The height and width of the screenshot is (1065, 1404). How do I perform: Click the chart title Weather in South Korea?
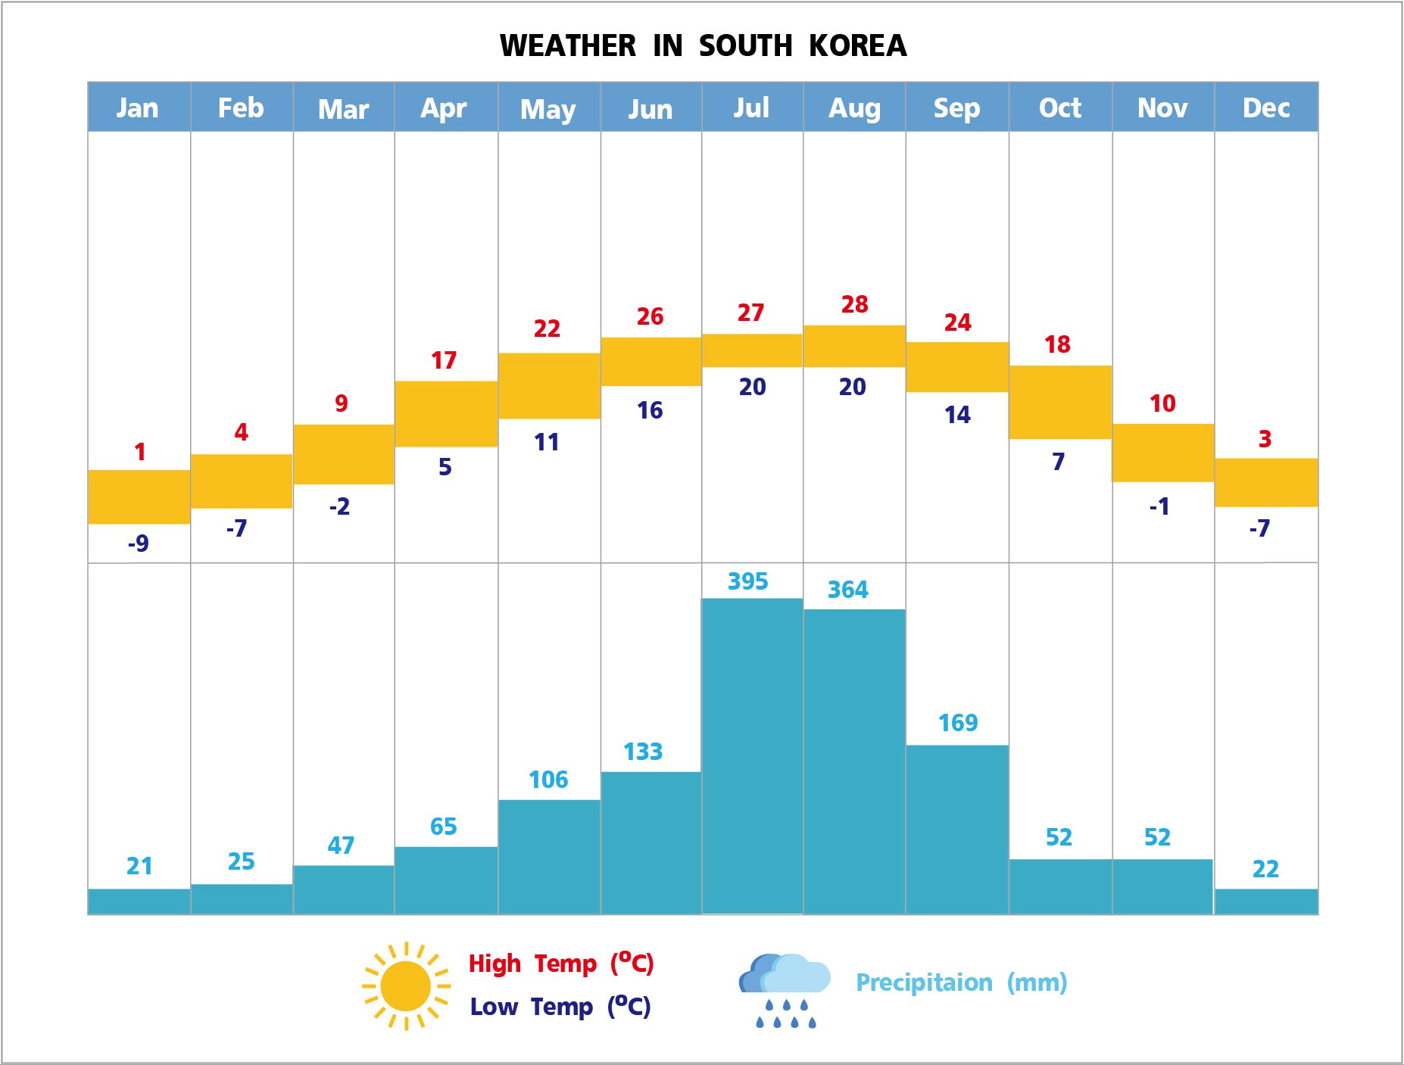point(703,46)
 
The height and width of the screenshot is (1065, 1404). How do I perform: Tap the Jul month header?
point(751,107)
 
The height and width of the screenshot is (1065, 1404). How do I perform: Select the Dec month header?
point(1265,107)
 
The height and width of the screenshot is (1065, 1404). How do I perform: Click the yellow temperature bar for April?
point(446,413)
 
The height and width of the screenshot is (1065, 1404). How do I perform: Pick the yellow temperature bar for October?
point(1060,402)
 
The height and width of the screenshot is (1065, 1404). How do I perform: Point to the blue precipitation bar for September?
point(957,829)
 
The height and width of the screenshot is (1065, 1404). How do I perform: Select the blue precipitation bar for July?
point(752,755)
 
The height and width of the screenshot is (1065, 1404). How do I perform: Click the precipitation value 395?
point(747,581)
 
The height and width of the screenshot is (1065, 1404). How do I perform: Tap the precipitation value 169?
point(958,723)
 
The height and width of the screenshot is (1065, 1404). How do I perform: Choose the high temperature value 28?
point(854,304)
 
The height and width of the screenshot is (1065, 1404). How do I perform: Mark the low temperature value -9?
point(138,543)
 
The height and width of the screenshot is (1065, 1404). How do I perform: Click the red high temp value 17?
point(444,360)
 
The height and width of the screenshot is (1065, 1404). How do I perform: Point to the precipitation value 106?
point(548,780)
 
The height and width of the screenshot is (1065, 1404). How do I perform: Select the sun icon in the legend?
point(406,986)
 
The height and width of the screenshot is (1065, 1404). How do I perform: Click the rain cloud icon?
point(783,988)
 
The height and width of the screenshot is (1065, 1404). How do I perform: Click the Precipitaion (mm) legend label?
point(961,982)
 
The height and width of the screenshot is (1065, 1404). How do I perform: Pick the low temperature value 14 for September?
point(957,415)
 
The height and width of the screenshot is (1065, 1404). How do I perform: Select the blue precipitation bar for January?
point(139,901)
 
